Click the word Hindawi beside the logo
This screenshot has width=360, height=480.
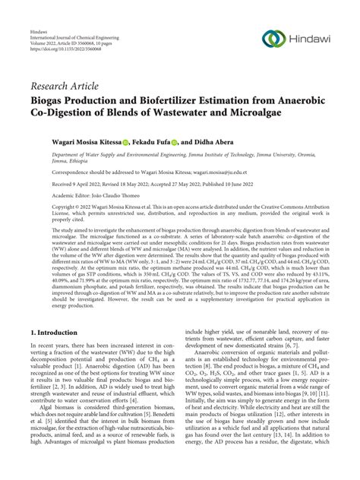coord(308,39)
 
